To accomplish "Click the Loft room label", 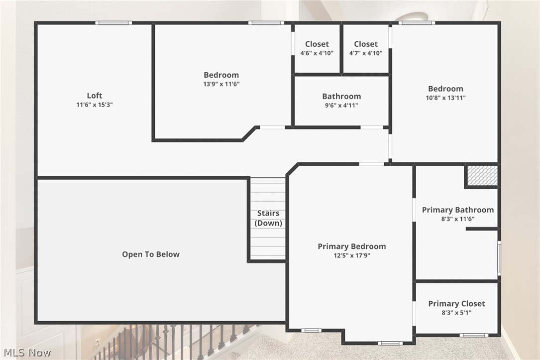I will [x=95, y=96].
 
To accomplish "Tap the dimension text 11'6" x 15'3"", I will [x=95, y=105].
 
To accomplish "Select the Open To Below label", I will [x=151, y=254].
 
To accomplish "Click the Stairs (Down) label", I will [x=268, y=218].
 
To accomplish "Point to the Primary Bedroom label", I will [x=352, y=246].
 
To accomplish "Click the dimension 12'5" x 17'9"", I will [x=352, y=255].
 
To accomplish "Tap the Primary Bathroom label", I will [x=458, y=210].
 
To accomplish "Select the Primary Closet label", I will [x=456, y=304].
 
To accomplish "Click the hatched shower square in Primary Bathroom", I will [x=482, y=176].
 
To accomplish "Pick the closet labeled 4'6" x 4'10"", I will [x=317, y=48].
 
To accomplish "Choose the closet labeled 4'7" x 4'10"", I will [x=366, y=48].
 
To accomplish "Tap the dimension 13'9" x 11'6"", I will [x=221, y=84].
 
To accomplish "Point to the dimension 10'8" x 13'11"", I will [x=445, y=98].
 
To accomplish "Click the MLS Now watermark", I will [x=26, y=353].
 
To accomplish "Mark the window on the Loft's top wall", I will [x=113, y=22].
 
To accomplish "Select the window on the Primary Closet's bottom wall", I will [x=474, y=335].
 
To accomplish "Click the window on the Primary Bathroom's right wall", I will [x=499, y=258].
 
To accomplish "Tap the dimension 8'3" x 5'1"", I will [x=456, y=313].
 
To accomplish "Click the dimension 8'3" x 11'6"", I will [x=458, y=219].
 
